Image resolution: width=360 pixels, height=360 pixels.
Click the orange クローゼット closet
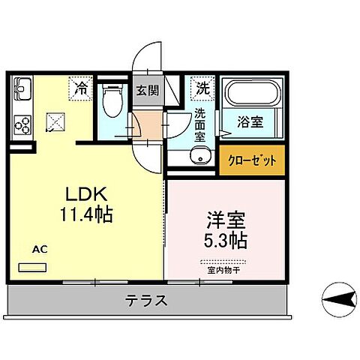252,160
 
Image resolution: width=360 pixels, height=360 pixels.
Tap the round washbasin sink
199,155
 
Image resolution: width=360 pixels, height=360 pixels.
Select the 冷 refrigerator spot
80,88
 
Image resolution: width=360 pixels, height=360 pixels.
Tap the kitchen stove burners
20,122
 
